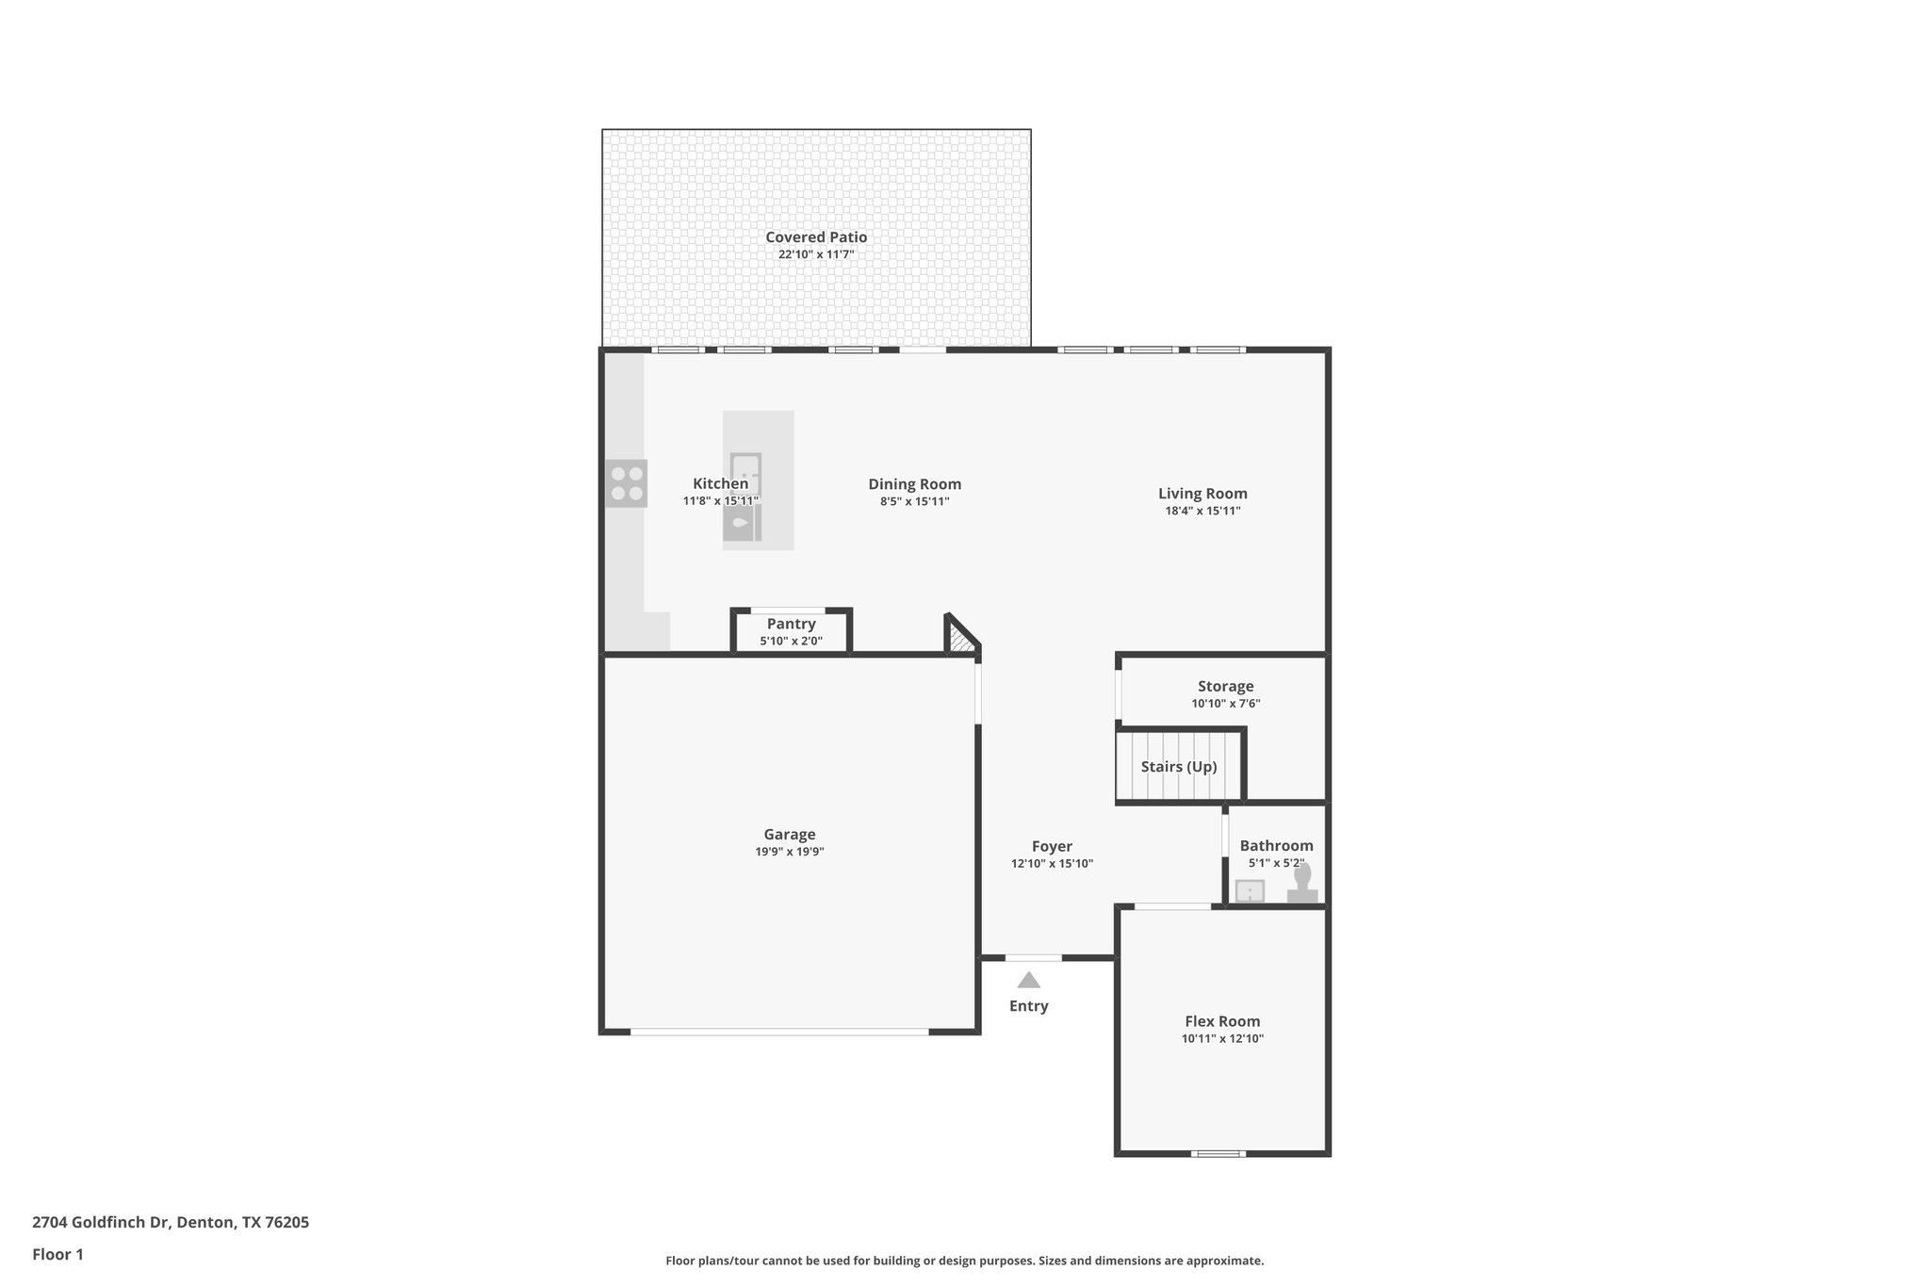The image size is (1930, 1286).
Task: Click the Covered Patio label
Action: (x=815, y=237)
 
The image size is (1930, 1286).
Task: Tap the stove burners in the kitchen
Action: (x=627, y=483)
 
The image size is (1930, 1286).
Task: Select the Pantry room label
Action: (x=791, y=624)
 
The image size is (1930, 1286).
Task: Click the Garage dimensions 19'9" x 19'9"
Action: (x=789, y=852)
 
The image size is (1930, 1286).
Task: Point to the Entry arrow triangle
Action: (x=1028, y=981)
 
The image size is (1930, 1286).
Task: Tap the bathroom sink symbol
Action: (x=1250, y=890)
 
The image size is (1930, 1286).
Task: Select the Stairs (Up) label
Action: (x=1178, y=767)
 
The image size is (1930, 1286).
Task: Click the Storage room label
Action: (x=1225, y=687)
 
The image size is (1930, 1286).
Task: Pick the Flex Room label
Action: (x=1221, y=1021)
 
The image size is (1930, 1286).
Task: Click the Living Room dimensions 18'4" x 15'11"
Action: (x=1202, y=511)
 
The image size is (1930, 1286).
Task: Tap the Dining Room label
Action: (x=914, y=484)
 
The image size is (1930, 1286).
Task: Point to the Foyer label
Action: (x=1052, y=846)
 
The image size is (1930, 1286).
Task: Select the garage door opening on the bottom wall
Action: (x=779, y=1032)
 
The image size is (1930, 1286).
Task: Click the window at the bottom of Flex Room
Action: (x=1217, y=1153)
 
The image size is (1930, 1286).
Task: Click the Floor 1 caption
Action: (x=57, y=1254)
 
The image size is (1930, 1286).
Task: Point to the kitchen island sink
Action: (x=741, y=522)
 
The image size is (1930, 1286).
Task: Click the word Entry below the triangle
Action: (x=1028, y=1006)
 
